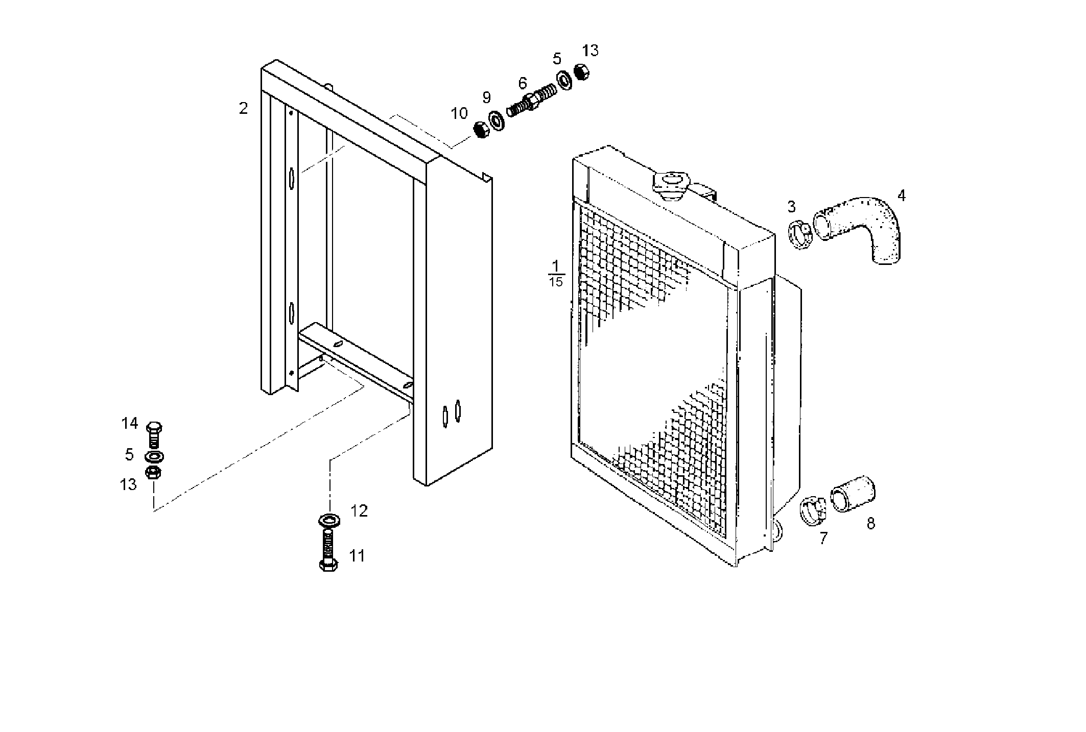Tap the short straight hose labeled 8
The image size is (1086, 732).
(853, 493)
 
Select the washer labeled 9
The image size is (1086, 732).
(495, 120)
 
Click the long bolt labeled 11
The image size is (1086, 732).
(327, 551)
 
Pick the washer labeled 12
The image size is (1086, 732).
(327, 520)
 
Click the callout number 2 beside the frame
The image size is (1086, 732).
(243, 108)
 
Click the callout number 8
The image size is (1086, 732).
(870, 523)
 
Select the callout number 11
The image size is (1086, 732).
(357, 555)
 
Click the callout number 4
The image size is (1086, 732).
(901, 196)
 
